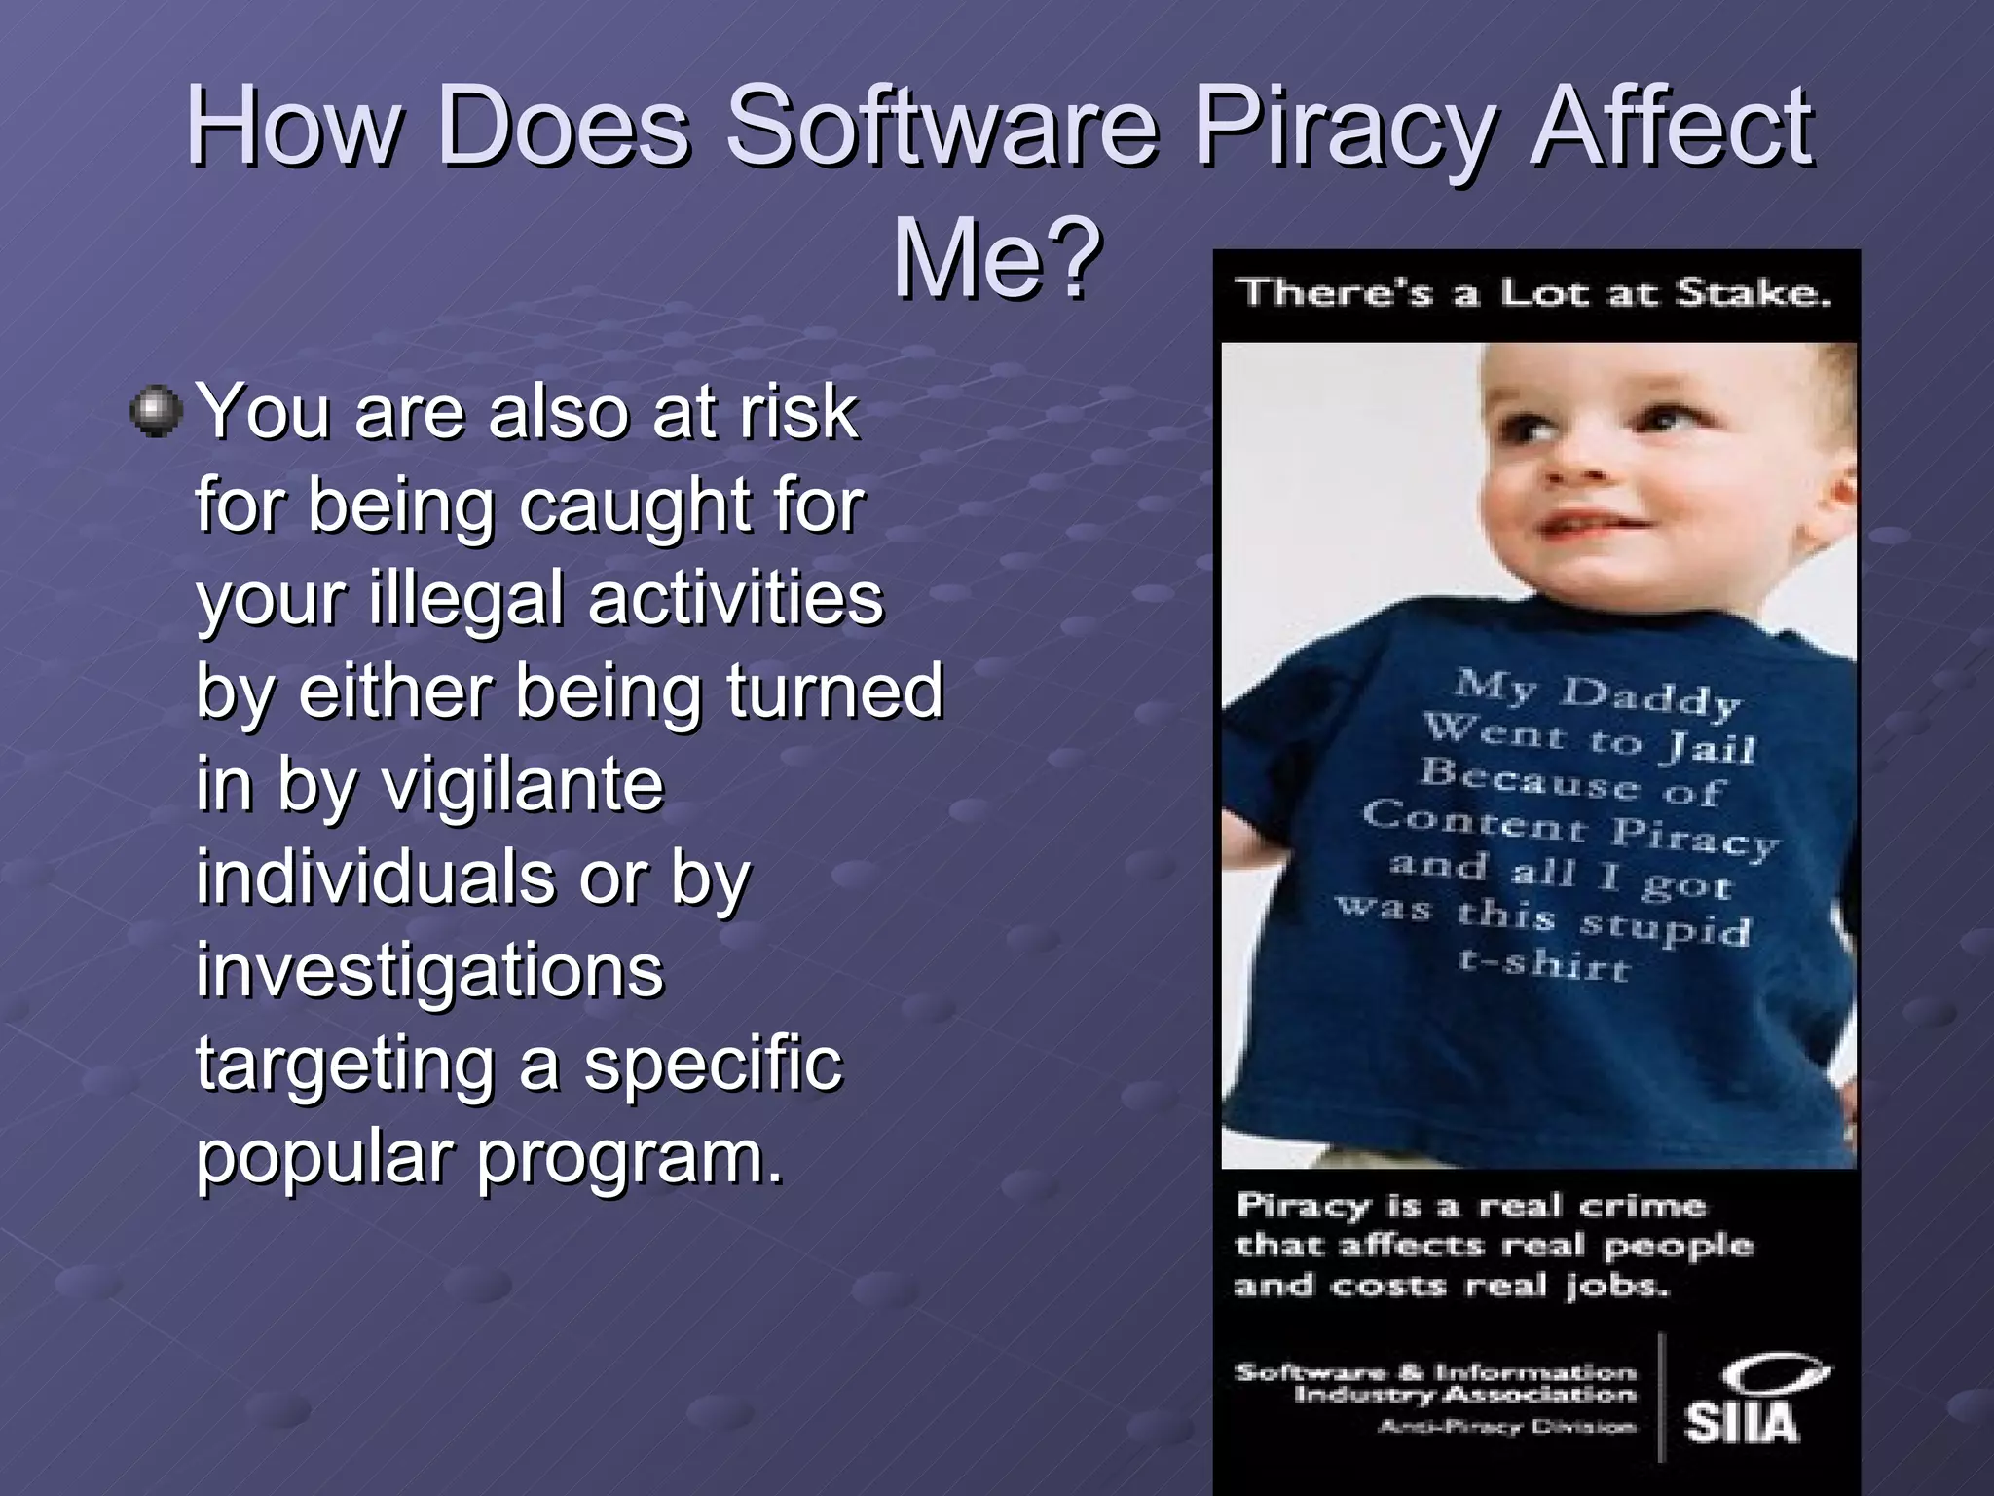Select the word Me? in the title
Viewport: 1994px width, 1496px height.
coord(997,259)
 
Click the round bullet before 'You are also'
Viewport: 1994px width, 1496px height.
coord(156,411)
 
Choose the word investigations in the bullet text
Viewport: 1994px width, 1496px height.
coord(429,970)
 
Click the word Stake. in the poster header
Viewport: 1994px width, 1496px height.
coord(1753,293)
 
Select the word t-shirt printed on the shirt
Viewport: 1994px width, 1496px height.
coord(1542,964)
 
